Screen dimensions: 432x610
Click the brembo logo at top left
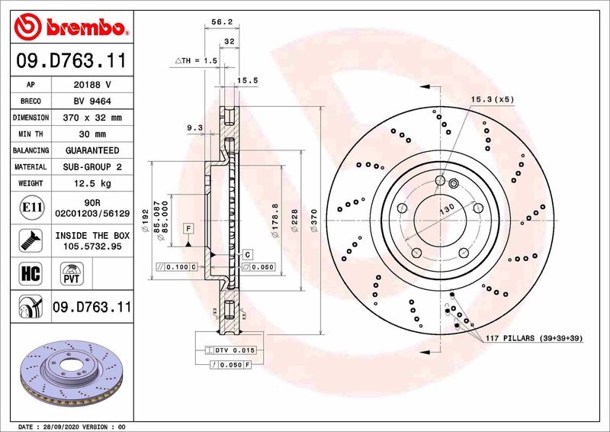69,28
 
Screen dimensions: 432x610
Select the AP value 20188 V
91,85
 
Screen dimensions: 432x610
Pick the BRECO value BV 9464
91,102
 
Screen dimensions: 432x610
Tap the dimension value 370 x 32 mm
91,118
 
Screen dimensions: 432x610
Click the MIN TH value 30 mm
91,134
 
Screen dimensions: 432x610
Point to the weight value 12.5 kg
91,183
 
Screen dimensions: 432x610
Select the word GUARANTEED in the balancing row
91,150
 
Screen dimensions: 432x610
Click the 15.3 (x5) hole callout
492,100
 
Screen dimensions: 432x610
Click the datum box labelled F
187,228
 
